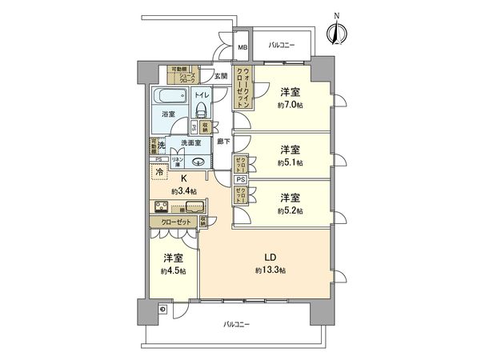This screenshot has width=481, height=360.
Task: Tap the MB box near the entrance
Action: pyautogui.click(x=242, y=46)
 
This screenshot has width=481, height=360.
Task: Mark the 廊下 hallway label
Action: pyautogui.click(x=224, y=142)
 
